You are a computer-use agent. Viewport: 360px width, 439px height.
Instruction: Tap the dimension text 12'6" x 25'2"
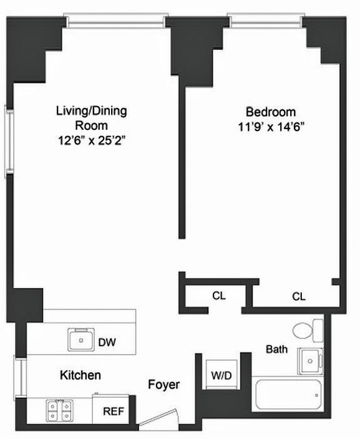pos(92,141)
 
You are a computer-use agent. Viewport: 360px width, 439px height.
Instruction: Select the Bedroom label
pos(270,112)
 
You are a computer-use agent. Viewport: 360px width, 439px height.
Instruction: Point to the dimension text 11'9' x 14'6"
pos(270,127)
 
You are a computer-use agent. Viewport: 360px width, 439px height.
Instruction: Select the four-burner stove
pos(59,410)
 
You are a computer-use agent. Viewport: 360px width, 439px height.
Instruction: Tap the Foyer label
pos(164,385)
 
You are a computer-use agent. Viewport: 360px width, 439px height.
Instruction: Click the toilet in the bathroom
pos(307,329)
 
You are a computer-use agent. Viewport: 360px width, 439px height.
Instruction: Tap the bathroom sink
pos(310,360)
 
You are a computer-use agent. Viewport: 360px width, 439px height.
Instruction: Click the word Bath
pos(276,349)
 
